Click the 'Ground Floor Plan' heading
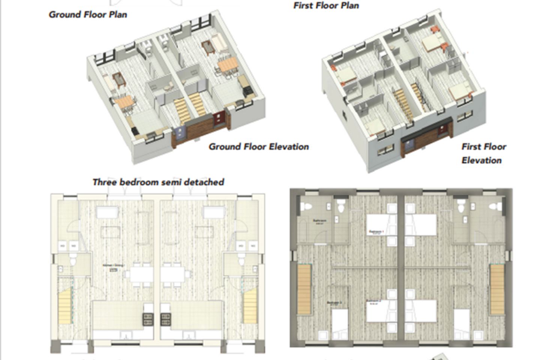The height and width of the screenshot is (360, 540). coord(88,15)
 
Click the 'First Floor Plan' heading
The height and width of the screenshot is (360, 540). coord(326,6)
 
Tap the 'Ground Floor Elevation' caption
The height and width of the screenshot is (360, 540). coord(259,147)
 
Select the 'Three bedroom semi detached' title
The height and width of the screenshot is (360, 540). coord(158,182)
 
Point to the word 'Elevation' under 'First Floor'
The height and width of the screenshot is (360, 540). coord(481,160)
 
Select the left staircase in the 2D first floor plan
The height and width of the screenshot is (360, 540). coord(304,289)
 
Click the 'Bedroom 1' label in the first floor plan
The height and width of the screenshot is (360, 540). coord(376,232)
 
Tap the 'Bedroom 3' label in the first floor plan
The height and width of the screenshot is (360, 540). coord(334,303)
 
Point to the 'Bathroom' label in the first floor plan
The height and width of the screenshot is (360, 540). coord(319,221)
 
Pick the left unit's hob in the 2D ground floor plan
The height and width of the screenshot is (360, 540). coord(148,319)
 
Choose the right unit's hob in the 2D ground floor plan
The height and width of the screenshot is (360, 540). coord(166,319)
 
